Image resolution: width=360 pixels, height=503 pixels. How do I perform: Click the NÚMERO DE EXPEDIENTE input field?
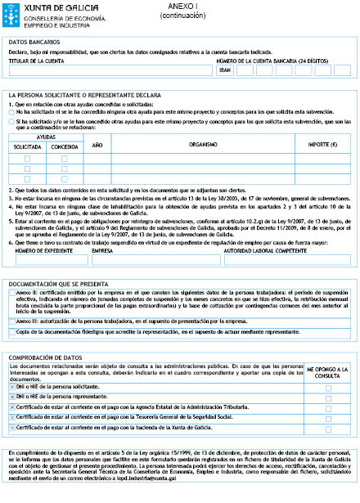[x=47, y=259]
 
